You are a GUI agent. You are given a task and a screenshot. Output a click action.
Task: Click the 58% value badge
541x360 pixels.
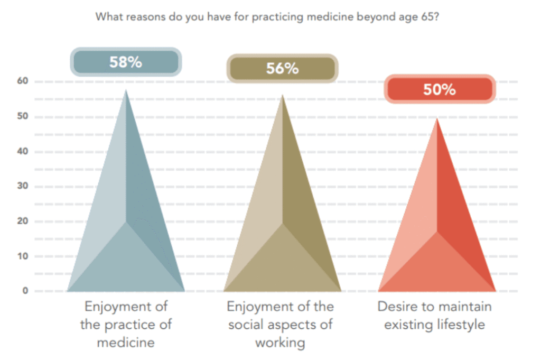[126, 62]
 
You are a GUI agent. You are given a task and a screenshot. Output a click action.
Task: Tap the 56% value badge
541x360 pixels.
[282, 69]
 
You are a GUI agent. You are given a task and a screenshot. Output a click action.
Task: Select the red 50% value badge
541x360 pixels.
[439, 90]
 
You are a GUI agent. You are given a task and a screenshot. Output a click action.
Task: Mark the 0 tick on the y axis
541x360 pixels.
[24, 291]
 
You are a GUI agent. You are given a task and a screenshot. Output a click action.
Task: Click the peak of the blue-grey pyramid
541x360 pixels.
[126, 91]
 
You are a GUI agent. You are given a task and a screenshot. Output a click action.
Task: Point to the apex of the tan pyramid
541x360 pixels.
[283, 96]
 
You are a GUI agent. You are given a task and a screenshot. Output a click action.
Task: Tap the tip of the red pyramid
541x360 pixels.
[437, 119]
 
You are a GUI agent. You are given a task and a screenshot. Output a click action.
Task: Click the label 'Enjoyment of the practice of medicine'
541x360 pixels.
[126, 324]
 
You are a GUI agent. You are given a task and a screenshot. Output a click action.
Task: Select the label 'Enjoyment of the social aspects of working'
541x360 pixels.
[280, 324]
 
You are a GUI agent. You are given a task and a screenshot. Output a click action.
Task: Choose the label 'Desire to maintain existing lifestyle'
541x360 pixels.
[434, 316]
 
